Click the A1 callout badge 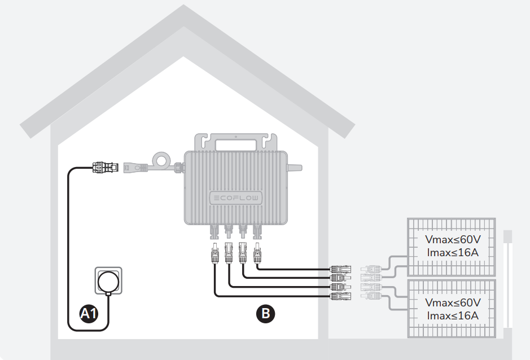[x=89, y=313]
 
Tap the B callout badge [x=265, y=314]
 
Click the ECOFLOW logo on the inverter [x=236, y=198]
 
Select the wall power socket [x=108, y=281]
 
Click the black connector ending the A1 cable [x=106, y=167]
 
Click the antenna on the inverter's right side [x=295, y=168]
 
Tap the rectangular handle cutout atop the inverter [x=236, y=145]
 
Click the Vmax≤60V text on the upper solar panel [x=453, y=239]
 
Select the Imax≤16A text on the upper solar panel [x=453, y=252]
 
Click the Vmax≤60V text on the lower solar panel [x=453, y=302]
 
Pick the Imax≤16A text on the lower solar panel [x=453, y=316]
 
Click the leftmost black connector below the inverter [x=215, y=253]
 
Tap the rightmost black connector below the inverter [x=257, y=253]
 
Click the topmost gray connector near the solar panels [x=371, y=269]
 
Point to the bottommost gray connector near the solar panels [x=371, y=296]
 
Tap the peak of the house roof [x=183, y=5]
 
